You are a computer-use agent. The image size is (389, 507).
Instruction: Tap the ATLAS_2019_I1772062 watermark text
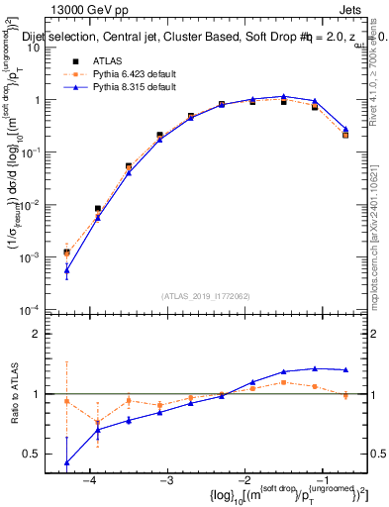(x=205, y=296)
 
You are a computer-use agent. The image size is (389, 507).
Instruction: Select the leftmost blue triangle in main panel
(x=66, y=269)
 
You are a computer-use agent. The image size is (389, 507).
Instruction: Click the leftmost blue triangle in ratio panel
(x=66, y=462)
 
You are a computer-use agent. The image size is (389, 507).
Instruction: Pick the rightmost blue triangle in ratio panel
(x=345, y=369)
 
